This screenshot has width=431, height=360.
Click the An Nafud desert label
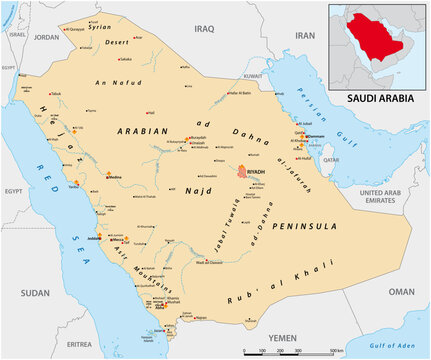pyautogui.click(x=111, y=81)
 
